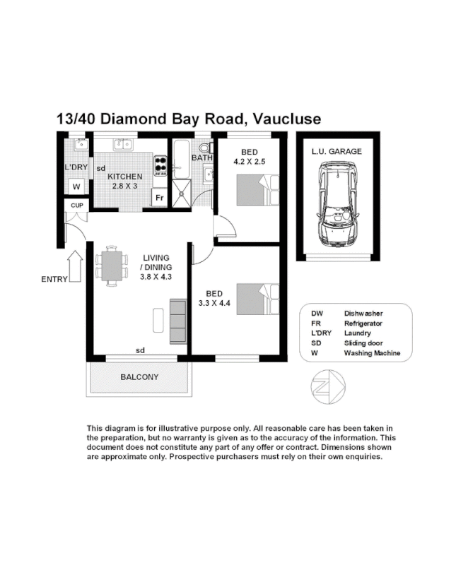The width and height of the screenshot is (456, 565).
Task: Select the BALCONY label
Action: [x=139, y=377]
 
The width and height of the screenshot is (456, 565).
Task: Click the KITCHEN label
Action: [x=125, y=177]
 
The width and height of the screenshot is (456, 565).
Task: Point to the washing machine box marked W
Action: [x=76, y=187]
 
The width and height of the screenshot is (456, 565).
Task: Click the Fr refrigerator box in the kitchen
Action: [x=160, y=198]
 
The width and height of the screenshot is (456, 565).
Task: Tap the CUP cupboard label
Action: [x=75, y=206]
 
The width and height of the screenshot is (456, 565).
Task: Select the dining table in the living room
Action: [x=112, y=266]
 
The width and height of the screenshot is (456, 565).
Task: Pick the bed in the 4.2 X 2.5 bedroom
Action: [x=251, y=189]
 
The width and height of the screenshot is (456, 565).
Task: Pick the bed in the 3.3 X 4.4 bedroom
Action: [x=251, y=298]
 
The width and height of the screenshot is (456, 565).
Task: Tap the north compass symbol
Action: [x=327, y=387]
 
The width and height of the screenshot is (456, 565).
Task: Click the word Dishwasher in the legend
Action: [x=363, y=314]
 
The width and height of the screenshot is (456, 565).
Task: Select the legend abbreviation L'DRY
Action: [x=322, y=333]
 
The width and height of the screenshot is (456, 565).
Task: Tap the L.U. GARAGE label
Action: [x=337, y=151]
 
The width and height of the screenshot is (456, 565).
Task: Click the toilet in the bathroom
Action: [x=205, y=149]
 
